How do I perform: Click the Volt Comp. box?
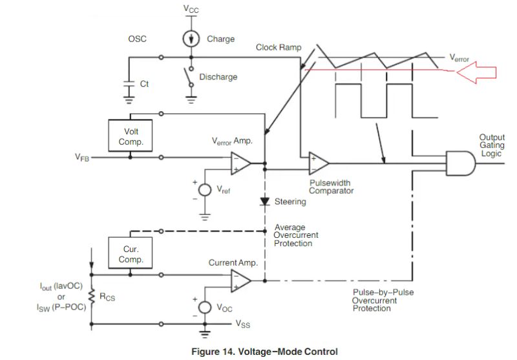pos(131,136)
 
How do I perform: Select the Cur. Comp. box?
pos(131,253)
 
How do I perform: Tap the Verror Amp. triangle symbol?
pos(240,164)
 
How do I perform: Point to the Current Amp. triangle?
pos(240,281)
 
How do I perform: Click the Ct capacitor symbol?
pos(129,84)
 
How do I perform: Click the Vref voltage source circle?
pos(205,191)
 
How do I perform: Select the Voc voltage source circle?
pos(205,307)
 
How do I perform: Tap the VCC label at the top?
pos(191,9)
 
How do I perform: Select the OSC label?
pos(138,39)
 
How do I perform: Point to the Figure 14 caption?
pos(264,352)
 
